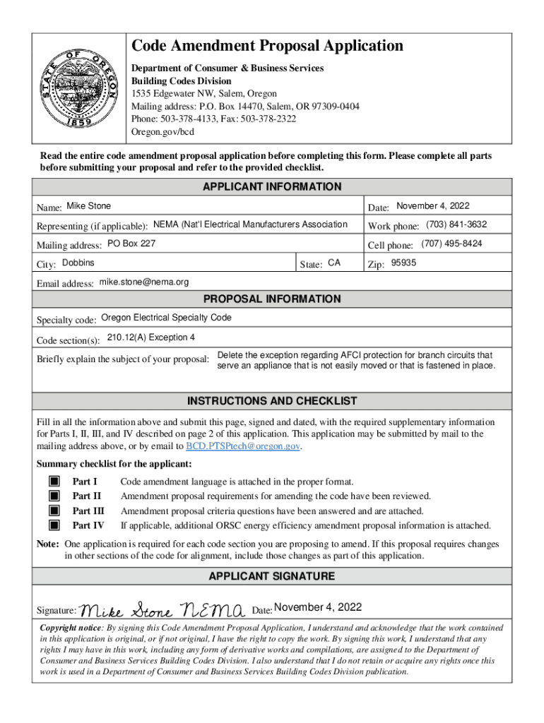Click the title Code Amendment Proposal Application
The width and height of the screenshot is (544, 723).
point(268,47)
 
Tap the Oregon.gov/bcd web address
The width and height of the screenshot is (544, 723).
point(162,131)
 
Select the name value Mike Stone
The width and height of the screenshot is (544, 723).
point(88,206)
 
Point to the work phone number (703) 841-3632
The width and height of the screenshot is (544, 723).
point(456,225)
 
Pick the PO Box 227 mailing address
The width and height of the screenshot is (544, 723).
point(131,244)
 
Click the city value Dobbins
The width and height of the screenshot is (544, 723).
point(78,263)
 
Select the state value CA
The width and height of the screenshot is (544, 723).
point(334,263)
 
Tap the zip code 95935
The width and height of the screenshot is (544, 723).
point(404,263)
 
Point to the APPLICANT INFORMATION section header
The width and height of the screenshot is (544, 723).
point(272,187)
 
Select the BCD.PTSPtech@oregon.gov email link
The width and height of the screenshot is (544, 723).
point(243,446)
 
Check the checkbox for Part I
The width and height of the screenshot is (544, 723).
point(54,482)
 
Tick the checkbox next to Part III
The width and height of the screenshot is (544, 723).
point(54,510)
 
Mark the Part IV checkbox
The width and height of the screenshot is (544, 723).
point(54,525)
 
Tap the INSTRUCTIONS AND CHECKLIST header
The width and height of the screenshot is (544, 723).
point(272,401)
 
